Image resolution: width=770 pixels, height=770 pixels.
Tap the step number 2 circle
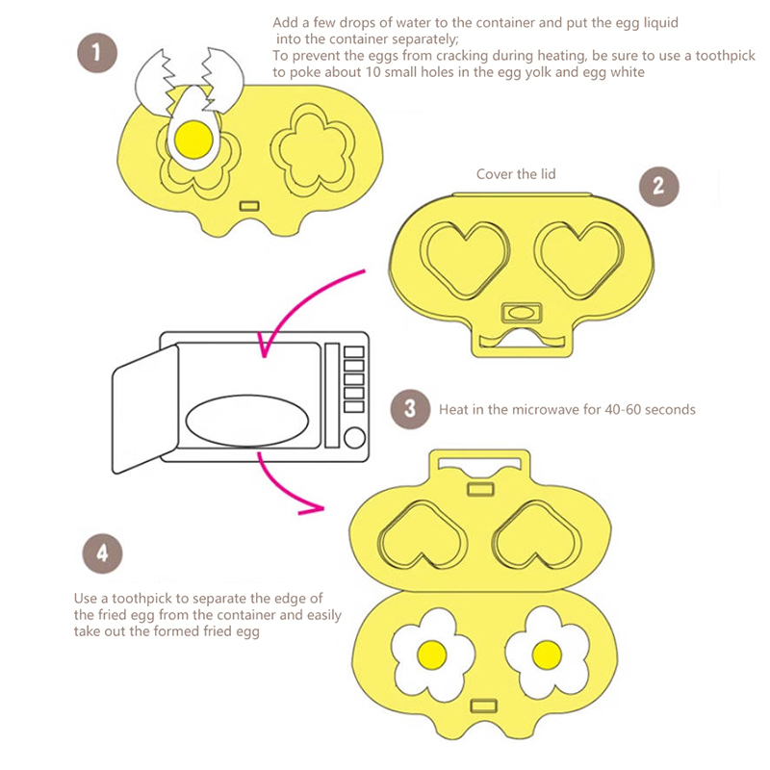658,184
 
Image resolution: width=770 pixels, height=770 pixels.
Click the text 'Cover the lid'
516,174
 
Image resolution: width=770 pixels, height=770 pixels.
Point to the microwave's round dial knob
353,438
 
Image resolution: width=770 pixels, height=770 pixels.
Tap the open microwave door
145,409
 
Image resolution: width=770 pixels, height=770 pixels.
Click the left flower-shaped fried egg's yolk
432,654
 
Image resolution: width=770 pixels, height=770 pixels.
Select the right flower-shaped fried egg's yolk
546,654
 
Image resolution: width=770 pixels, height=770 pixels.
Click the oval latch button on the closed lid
521,313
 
